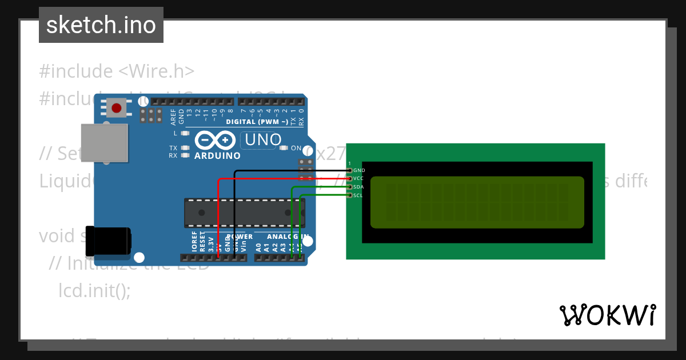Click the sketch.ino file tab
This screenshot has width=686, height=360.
coord(101,25)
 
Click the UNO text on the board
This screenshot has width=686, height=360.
coord(261,139)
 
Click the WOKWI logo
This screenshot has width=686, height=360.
coord(607,315)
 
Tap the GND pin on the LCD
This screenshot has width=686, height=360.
coord(350,170)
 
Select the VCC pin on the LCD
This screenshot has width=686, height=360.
coord(350,178)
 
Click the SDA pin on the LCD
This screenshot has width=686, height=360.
coord(350,187)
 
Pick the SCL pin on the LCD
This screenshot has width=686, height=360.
coord(350,195)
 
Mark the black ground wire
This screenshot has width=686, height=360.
coord(286,170)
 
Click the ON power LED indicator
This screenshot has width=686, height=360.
coord(284,148)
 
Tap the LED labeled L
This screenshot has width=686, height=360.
coord(184,133)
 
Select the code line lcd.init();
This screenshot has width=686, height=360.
coord(95,291)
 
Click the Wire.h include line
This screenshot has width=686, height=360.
coord(117,71)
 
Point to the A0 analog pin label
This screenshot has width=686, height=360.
coord(258,247)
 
